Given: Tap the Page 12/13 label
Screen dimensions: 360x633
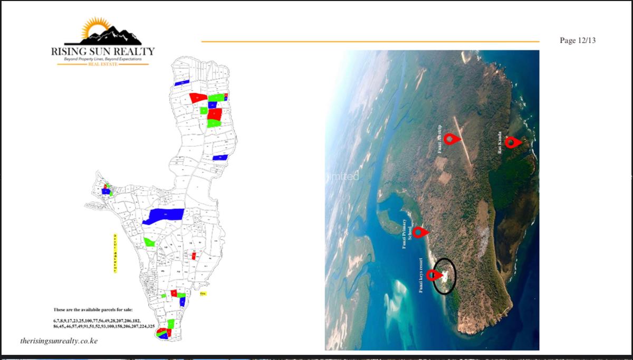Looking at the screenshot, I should [578, 41].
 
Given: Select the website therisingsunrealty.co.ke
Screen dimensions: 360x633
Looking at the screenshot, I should [59, 341].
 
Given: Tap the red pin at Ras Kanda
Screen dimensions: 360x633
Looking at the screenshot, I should [511, 141].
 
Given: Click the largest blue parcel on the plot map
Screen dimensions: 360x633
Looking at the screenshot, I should [164, 215].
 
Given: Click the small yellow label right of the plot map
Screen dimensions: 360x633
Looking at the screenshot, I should [203, 293].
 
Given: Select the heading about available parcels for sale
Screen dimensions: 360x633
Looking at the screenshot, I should [93, 309].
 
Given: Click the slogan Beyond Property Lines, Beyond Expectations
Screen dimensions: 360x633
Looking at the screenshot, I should [103, 59].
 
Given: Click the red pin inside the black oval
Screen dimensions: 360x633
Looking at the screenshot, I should [434, 274].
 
